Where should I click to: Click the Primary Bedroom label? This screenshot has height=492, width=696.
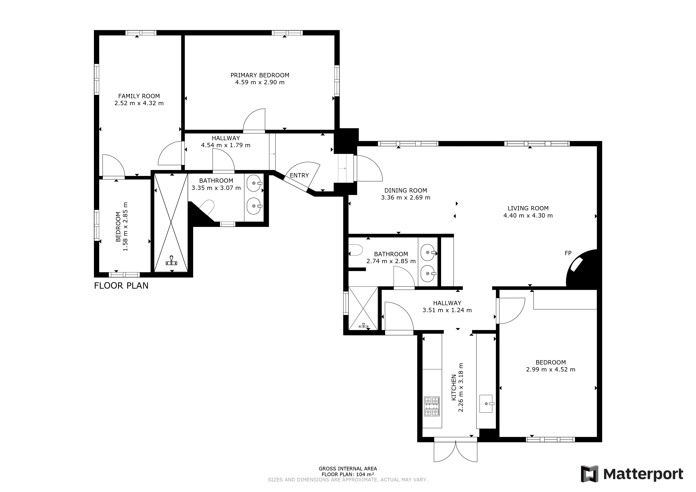tap(260, 75)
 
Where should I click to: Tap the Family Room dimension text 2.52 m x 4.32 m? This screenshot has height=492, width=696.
tap(139, 103)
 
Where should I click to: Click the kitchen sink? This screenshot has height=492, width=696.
tap(486, 404)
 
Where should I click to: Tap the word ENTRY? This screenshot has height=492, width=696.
tap(299, 176)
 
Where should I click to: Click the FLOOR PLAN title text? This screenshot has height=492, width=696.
tap(121, 286)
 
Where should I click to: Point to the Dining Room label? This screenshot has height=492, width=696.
tap(406, 191)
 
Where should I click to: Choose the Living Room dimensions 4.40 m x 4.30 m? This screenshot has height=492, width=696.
tap(528, 216)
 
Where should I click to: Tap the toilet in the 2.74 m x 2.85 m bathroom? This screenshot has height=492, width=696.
tap(356, 250)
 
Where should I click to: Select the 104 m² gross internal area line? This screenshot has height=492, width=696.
tap(348, 474)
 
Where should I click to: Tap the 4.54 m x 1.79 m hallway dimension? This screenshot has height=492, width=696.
tap(226, 145)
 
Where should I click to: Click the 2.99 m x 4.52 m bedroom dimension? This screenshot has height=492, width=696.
tap(550, 370)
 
